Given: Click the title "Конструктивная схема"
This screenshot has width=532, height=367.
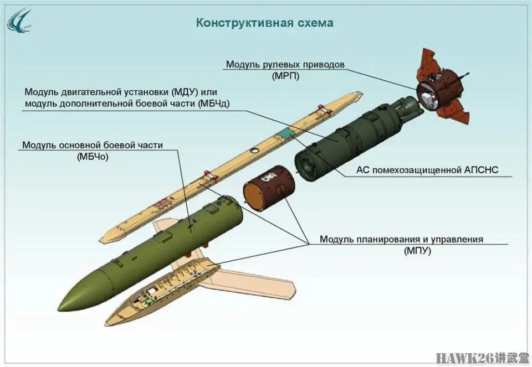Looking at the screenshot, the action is (x=265, y=23).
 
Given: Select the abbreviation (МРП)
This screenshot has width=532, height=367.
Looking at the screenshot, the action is (x=285, y=76).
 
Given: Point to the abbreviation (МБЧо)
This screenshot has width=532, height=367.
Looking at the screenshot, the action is (x=93, y=157).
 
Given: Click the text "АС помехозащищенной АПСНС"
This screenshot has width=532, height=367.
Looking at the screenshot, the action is (x=427, y=170).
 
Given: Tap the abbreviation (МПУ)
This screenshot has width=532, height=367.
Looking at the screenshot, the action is (x=417, y=251).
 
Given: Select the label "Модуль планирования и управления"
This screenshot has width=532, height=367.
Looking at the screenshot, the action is (x=401, y=239).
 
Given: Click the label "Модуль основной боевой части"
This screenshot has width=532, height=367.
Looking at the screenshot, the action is (x=93, y=145).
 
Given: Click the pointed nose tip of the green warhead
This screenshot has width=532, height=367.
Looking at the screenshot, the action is (x=58, y=309).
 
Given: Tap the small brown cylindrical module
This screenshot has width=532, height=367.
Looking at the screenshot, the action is (x=269, y=188).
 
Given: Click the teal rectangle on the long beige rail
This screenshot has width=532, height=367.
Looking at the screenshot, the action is (x=287, y=133).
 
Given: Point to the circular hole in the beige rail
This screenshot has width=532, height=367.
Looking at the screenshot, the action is (x=255, y=151).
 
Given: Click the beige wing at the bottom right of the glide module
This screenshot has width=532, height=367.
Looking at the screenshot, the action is (x=253, y=282).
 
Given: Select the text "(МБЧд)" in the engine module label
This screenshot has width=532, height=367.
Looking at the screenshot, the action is (x=213, y=104).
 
